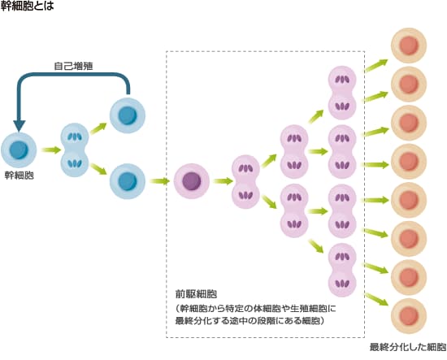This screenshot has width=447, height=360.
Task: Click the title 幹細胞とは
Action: [x=27, y=6]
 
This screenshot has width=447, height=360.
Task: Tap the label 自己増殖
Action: [x=73, y=66]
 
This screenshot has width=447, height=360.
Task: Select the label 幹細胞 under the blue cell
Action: [x=20, y=176]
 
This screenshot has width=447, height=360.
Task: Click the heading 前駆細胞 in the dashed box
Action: [x=196, y=294]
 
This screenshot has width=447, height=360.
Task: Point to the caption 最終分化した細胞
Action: [x=408, y=347]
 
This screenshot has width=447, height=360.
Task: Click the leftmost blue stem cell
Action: [x=19, y=150]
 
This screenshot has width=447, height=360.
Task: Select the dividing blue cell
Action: [x=75, y=150]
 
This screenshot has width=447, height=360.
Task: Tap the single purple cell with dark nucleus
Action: [x=192, y=181]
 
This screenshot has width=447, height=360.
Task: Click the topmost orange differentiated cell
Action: [x=409, y=46]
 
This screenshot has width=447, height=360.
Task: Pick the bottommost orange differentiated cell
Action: [x=409, y=316]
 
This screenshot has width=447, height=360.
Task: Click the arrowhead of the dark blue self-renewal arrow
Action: [x=20, y=126]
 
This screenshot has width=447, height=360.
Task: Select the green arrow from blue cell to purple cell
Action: [x=159, y=181]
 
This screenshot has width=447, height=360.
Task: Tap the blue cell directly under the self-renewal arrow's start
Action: [x=128, y=115]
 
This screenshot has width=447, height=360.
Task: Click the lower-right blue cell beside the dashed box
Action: [x=128, y=181]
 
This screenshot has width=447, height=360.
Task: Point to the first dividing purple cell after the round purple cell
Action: [x=245, y=181]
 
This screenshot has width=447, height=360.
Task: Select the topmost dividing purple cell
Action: [x=342, y=93]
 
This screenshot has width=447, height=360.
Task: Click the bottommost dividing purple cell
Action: [x=342, y=270]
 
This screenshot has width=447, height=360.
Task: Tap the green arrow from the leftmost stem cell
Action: [x=51, y=150]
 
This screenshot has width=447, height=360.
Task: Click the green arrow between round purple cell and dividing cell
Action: [x=223, y=181]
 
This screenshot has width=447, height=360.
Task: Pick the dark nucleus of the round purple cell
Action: [x=192, y=181]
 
